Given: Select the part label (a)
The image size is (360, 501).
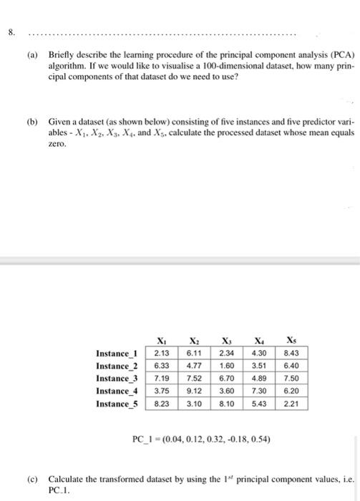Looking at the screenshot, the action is [x=34, y=54].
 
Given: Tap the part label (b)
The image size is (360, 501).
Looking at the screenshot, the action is [x=34, y=123].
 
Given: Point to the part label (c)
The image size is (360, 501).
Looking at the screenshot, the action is [x=34, y=477].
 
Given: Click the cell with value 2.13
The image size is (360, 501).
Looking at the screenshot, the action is [x=160, y=353].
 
